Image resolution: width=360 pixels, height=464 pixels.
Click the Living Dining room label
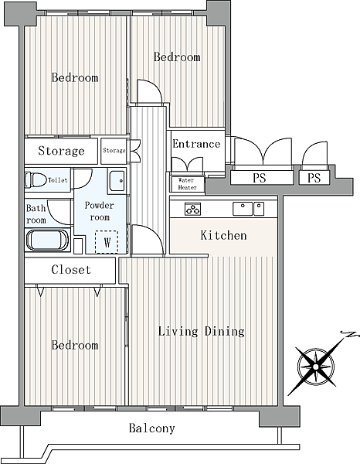point(202,332)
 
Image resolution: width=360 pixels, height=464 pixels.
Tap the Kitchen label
point(223,235)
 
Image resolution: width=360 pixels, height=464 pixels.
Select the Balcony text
point(152,428)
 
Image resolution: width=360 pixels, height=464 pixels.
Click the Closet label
point(71,270)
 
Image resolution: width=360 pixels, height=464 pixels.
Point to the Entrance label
point(196,144)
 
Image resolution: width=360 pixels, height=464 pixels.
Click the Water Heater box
point(188,184)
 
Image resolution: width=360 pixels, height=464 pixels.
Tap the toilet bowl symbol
point(36,180)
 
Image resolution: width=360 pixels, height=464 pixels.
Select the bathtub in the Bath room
point(48,241)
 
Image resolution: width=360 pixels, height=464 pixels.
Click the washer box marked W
point(107,242)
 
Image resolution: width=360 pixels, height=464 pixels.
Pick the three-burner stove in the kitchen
point(192,209)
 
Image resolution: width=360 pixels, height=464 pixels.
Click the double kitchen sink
point(248,209)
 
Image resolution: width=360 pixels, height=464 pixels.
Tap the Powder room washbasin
point(117,181)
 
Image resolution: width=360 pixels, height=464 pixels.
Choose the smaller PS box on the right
point(314,178)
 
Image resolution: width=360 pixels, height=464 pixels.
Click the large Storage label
point(61,151)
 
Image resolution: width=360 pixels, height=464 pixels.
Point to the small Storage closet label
point(114,151)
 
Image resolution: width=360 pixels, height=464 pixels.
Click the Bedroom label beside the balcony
point(75,345)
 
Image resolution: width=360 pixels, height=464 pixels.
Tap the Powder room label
point(100,211)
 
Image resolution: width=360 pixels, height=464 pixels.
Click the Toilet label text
point(58,180)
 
